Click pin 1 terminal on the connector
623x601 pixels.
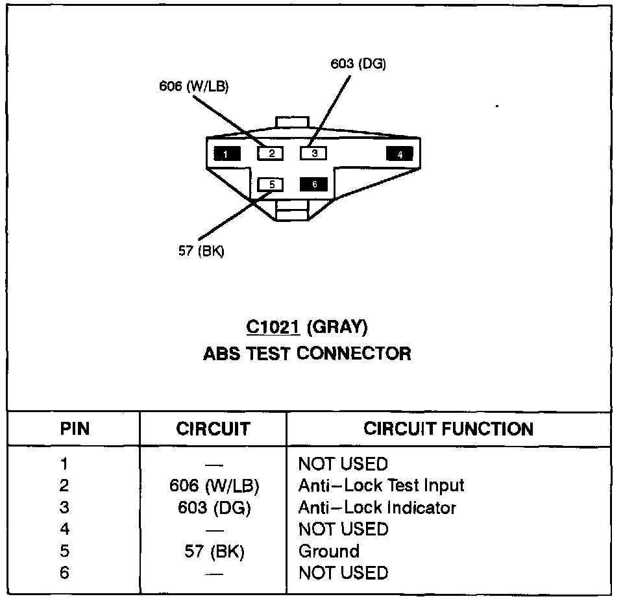click(227, 154)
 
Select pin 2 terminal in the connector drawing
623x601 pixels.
click(271, 154)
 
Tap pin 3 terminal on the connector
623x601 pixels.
click(313, 153)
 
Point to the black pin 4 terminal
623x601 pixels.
click(400, 154)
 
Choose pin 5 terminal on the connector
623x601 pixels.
click(271, 184)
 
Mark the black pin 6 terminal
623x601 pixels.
click(313, 184)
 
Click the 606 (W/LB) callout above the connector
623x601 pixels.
click(193, 86)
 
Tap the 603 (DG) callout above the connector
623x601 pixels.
click(358, 64)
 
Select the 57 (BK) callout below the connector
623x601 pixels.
click(201, 251)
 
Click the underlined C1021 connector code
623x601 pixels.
click(273, 328)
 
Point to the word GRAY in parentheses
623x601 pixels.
click(337, 328)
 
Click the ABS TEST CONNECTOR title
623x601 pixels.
click(307, 354)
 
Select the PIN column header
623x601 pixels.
click(75, 429)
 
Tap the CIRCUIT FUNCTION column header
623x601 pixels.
click(448, 429)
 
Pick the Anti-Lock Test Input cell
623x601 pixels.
click(381, 485)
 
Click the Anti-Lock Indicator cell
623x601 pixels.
click(377, 508)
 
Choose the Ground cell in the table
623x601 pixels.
click(328, 551)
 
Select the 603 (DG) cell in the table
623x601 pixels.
click(214, 508)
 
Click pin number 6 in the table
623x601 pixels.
click(64, 573)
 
